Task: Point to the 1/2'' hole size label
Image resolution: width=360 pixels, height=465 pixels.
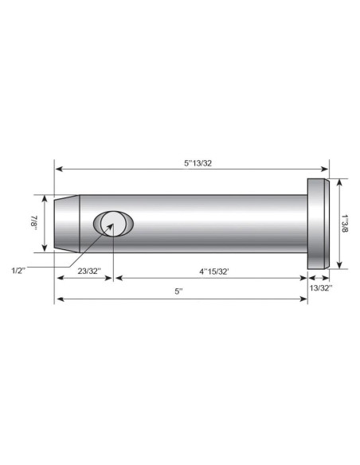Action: (x=19, y=271)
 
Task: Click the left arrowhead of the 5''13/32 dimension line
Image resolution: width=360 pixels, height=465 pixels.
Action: (x=58, y=169)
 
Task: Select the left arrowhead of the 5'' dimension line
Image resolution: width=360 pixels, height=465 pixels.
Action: (x=58, y=299)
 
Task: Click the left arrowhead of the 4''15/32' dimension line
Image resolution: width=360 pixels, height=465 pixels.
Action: (x=119, y=278)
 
